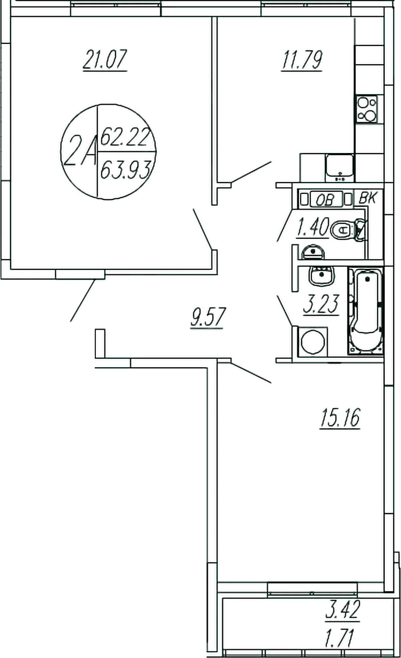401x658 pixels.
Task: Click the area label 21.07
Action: pos(104,61)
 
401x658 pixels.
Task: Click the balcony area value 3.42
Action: pos(342,611)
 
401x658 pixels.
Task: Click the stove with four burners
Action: pos(367,109)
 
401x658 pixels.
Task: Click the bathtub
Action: pos(366,311)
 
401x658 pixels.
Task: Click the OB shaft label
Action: pos(325,199)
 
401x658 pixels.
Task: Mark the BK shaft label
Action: pos(367,198)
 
